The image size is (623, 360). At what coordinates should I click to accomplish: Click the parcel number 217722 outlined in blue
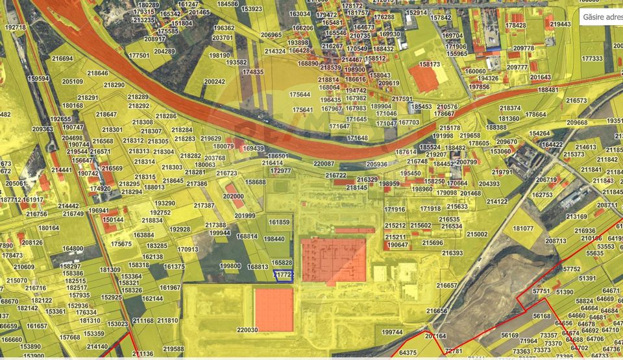284,275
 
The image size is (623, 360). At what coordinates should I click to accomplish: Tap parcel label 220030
247,330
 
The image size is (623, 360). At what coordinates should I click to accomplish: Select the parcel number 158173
430,65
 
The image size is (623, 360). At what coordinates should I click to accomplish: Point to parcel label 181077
523,229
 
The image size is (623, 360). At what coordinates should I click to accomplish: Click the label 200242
214,82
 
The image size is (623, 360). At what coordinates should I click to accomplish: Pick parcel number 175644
300,94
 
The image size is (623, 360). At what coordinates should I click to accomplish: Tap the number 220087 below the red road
323,164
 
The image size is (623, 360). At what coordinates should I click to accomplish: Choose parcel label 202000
234,195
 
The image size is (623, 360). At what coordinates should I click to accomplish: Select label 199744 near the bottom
392,332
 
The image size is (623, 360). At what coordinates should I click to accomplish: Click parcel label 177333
592,58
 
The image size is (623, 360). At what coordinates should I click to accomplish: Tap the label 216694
63,58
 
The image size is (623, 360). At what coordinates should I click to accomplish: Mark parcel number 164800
73,248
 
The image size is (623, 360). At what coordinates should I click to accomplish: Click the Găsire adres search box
600,16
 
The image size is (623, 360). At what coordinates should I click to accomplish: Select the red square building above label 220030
274,309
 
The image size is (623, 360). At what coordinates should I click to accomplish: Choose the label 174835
253,72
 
